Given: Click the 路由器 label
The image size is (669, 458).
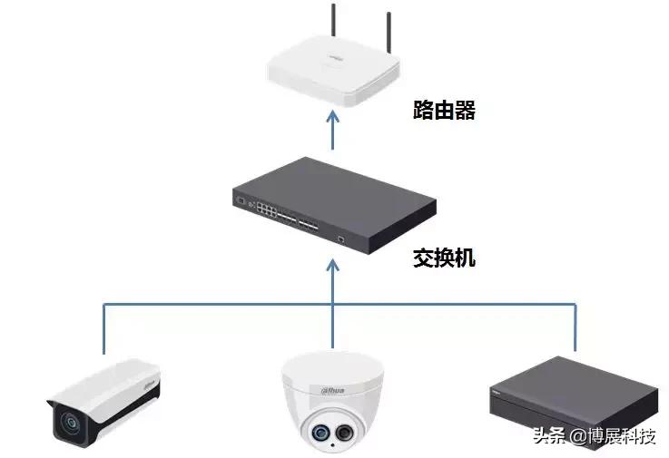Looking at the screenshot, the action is pos(444,112).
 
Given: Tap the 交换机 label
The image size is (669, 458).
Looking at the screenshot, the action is pos(444,258).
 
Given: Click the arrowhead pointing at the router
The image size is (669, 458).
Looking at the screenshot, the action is pos(333,117).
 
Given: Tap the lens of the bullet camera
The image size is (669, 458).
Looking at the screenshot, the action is pos(67,420).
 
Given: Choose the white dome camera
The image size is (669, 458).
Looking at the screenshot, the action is pos(332,400).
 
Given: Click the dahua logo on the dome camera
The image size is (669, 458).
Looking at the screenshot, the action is pos(333,389).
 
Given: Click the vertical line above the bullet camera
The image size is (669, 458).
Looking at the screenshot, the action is pos(103,326).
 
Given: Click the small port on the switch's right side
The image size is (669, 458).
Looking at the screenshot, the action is pos(340,240).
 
